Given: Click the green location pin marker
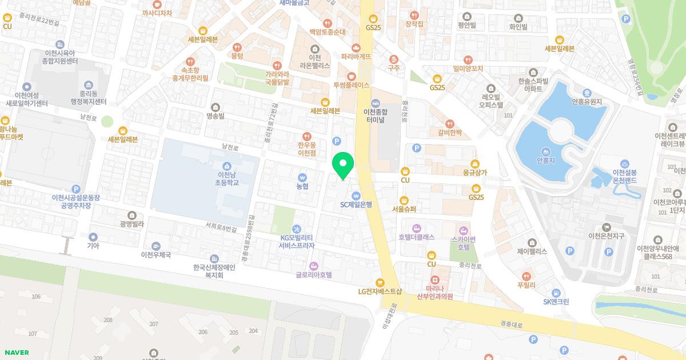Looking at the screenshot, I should (343, 165).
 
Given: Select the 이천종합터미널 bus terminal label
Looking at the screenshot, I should (376, 116).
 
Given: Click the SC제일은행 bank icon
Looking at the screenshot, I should (356, 195).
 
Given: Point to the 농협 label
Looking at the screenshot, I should (302, 186).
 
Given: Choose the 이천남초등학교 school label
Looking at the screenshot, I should (226, 178).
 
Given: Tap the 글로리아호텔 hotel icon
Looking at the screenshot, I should (313, 266).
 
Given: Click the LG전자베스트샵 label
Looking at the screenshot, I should (380, 291).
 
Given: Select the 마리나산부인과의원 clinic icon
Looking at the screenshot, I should (435, 279).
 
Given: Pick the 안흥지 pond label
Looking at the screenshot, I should (547, 161).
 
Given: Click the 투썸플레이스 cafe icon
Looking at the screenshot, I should (352, 75).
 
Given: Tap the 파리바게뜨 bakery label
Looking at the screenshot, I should (356, 57).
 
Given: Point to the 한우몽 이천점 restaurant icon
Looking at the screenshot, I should (308, 137).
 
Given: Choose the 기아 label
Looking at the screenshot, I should (93, 246).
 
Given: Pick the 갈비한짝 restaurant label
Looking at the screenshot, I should (449, 133).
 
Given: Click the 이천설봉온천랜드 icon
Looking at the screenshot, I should (624, 163).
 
